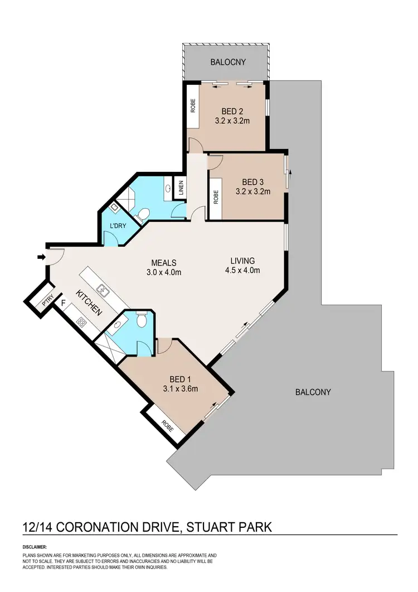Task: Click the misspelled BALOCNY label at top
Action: point(227,62)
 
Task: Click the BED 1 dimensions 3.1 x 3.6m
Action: point(181,389)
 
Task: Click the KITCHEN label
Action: point(89,304)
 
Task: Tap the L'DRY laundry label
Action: point(117,226)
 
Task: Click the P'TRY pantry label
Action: point(48,303)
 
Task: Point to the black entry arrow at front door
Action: point(41,257)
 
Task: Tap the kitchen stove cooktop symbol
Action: point(82,322)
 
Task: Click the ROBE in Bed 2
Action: point(193,106)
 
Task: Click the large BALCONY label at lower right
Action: point(313,392)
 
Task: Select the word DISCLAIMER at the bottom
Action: point(35,547)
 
